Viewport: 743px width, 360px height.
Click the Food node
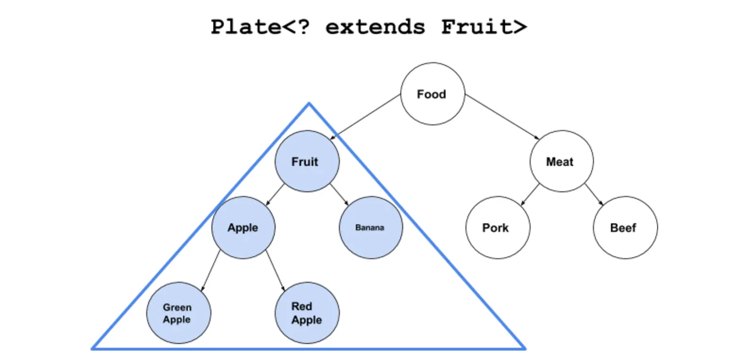[432, 94]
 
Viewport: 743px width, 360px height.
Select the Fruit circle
[307, 161]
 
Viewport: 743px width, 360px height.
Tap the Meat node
[561, 161]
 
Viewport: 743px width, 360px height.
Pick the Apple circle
[243, 228]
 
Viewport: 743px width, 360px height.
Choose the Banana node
[371, 228]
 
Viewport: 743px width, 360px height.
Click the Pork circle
[498, 228]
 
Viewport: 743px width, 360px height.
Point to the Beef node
[625, 228]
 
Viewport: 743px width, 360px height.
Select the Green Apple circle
[179, 313]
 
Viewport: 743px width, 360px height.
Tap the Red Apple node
[307, 313]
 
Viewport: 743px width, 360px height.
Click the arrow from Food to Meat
[502, 117]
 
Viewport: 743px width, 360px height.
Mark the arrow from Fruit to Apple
[275, 195]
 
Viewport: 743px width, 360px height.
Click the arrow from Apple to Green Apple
[211, 271]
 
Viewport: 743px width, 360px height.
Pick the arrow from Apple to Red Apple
[275, 271]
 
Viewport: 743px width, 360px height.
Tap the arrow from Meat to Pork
[530, 195]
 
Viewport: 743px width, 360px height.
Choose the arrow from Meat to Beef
[594, 195]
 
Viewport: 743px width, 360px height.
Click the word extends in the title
[375, 27]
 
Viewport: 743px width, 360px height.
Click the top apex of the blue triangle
[309, 103]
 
